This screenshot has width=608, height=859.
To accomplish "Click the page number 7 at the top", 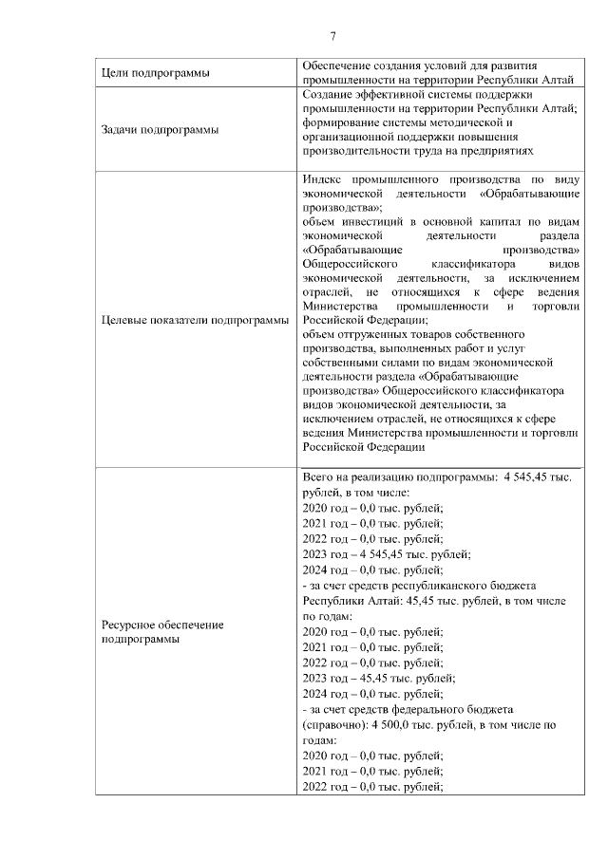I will pyautogui.click(x=332, y=37).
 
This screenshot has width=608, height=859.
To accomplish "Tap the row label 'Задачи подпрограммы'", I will pyautogui.click(x=159, y=129).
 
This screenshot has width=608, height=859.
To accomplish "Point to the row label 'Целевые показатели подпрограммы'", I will pyautogui.click(x=195, y=320).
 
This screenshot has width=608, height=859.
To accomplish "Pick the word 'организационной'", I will pyautogui.click(x=351, y=136).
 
